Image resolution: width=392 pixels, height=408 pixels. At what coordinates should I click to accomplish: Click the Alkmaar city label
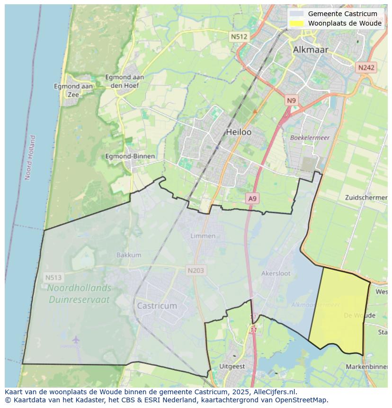click(310, 49)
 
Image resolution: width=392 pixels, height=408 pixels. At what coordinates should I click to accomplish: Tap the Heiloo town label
click(239, 132)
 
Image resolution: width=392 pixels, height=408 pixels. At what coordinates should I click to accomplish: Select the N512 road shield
click(239, 36)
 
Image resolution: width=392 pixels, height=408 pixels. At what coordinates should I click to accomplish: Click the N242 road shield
click(366, 68)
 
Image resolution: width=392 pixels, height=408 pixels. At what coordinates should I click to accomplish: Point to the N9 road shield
click(291, 100)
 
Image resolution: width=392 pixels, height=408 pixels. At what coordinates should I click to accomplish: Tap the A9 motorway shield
click(253, 199)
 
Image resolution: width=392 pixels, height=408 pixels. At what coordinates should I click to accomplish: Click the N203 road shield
click(196, 271)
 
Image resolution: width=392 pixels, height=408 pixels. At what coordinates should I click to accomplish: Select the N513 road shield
click(53, 277)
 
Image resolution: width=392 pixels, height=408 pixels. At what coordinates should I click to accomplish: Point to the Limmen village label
click(203, 236)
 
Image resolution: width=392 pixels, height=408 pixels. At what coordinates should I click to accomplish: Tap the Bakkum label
click(129, 255)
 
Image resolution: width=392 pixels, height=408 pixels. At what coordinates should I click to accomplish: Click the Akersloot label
click(276, 273)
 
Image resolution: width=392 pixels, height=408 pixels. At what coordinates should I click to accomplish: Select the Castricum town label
click(157, 306)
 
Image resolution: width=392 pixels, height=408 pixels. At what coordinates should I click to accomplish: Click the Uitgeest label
click(232, 366)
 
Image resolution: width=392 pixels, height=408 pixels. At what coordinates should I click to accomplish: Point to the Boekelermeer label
click(310, 137)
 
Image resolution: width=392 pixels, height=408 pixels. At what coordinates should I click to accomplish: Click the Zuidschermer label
click(366, 197)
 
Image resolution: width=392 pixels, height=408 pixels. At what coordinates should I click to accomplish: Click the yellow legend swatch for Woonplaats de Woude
click(297, 23)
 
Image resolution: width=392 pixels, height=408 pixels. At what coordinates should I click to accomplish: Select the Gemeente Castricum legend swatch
click(297, 14)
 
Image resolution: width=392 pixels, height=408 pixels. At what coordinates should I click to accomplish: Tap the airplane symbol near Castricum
click(76, 339)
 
